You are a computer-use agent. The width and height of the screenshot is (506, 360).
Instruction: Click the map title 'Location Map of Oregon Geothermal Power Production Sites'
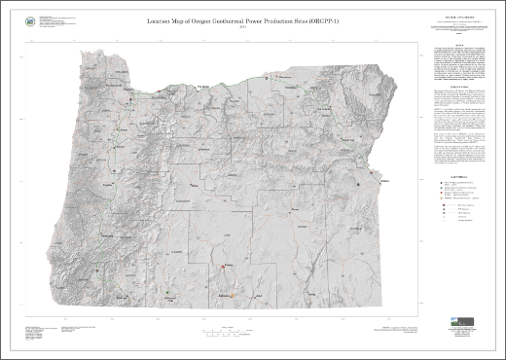[x=226, y=19]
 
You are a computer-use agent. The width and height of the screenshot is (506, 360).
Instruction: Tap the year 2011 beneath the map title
[x=226, y=26]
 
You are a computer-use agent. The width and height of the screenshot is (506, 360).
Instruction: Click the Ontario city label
[x=380, y=181]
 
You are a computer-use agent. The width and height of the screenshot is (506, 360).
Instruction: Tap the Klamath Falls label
[x=170, y=293]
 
